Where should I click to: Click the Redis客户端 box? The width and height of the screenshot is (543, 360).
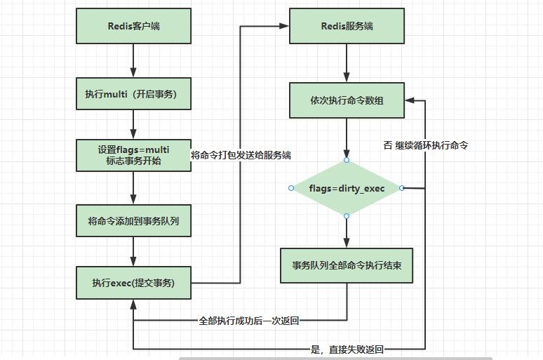point(133,27)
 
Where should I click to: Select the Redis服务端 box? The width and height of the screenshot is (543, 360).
point(347,27)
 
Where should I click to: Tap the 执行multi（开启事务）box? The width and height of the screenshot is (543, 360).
point(133,93)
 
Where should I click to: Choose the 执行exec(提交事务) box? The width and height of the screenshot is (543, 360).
point(133,283)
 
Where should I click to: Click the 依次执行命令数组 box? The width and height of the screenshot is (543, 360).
point(347,100)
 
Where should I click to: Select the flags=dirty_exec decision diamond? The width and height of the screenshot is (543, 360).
point(347,188)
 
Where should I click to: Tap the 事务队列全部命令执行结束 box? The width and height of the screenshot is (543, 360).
point(347,266)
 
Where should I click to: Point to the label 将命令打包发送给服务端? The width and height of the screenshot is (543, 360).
point(241,155)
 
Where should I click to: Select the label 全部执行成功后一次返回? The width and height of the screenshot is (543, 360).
point(249,320)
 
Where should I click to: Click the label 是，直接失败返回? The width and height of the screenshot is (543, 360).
point(347,349)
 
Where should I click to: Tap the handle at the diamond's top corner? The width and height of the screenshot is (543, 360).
point(347,160)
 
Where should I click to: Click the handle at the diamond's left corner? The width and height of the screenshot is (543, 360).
point(291,188)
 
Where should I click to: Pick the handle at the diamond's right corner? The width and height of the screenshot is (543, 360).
point(402,188)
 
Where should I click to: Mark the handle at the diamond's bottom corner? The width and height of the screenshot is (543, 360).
point(347,216)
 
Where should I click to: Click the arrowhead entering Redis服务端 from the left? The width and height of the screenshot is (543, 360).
point(285,26)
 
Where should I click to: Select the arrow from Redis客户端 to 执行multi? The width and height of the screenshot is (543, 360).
point(133,60)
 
